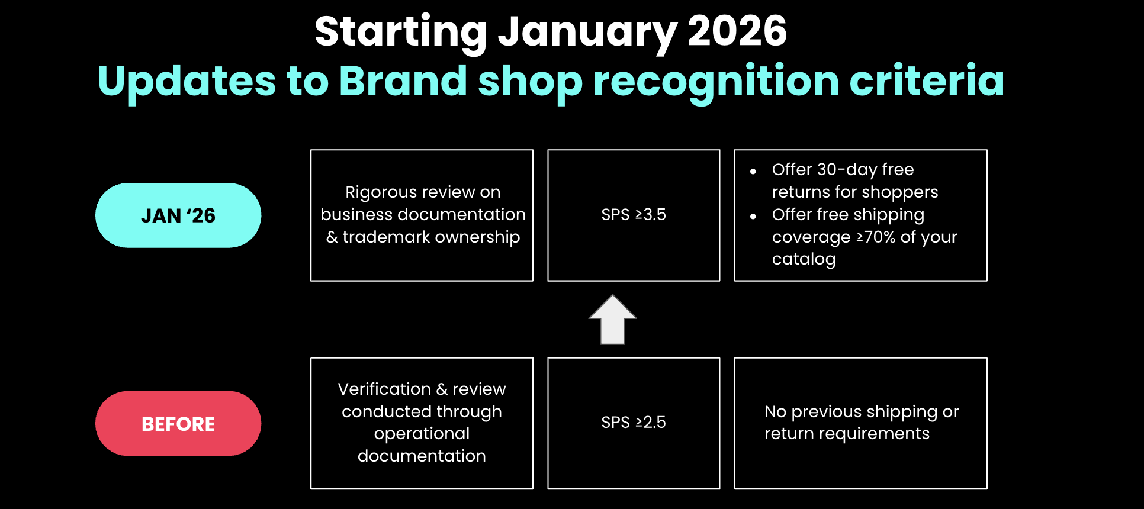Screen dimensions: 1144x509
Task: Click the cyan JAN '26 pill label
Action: (178, 215)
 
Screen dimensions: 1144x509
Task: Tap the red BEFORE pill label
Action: (178, 423)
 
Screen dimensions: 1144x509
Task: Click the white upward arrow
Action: (613, 320)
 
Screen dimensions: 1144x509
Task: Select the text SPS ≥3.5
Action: (634, 214)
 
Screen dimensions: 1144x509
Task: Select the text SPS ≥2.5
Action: (634, 422)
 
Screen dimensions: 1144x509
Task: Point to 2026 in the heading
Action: (737, 31)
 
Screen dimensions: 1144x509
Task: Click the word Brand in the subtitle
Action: (403, 80)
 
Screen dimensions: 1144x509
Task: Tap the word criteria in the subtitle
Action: (927, 80)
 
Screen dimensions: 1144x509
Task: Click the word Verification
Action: (384, 389)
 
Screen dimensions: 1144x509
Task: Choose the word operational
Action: (422, 434)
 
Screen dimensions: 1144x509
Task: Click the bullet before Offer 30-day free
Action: (753, 172)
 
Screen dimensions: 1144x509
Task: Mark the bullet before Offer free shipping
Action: (753, 217)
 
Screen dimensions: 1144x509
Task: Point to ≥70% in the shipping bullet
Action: (876, 237)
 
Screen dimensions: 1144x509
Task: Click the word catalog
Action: (804, 259)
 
